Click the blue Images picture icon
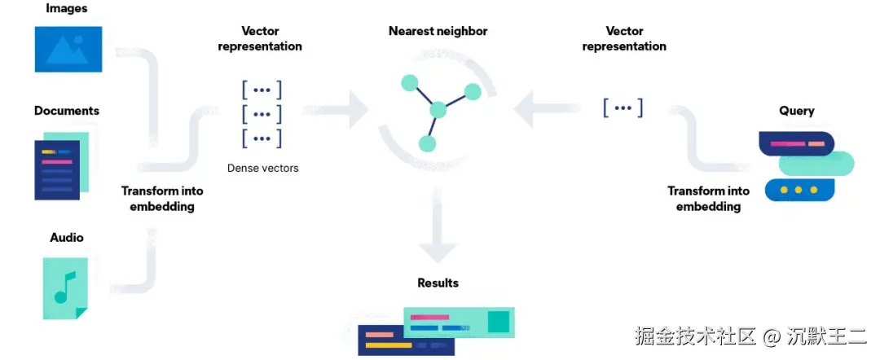click(x=68, y=50)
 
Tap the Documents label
click(x=67, y=111)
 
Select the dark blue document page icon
click(x=57, y=170)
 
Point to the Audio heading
click(x=67, y=238)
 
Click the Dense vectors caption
click(x=262, y=168)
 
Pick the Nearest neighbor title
click(x=438, y=31)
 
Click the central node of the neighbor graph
click(x=438, y=109)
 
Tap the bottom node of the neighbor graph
click(x=428, y=143)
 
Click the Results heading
click(x=438, y=283)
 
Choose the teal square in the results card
click(x=498, y=321)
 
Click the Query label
click(x=796, y=111)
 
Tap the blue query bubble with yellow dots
click(x=800, y=190)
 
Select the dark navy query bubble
click(x=796, y=143)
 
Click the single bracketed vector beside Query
click(x=623, y=107)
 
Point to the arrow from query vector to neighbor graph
click(x=548, y=108)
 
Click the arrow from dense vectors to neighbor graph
click(x=335, y=109)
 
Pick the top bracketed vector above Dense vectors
click(x=262, y=90)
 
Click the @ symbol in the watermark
click(x=772, y=337)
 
